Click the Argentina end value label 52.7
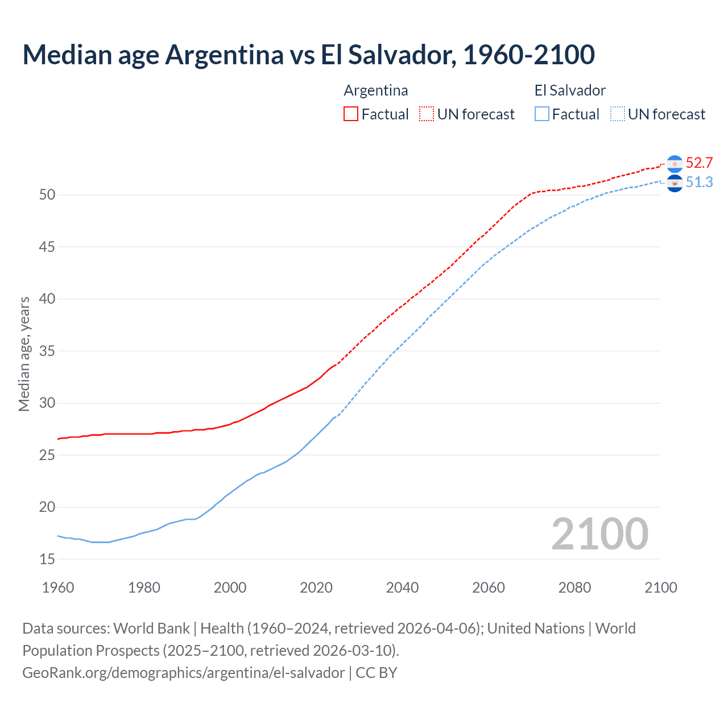click(x=699, y=163)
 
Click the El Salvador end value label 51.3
click(x=699, y=183)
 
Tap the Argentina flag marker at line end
click(x=675, y=164)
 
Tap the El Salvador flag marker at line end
click(x=675, y=183)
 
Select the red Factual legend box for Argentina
click(x=351, y=114)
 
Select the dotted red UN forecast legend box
click(x=427, y=114)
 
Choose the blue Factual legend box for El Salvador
click(x=542, y=114)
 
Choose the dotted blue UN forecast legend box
click(x=617, y=114)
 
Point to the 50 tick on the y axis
click(x=47, y=195)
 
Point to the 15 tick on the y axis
click(x=47, y=559)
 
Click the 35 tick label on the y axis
click(x=47, y=351)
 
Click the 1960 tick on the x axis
click(x=58, y=588)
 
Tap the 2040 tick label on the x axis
click(x=402, y=588)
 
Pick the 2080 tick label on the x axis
click(x=574, y=588)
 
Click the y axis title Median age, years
click(x=24, y=354)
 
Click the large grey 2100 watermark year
click(x=599, y=533)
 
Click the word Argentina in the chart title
click(x=224, y=55)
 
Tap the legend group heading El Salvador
click(x=570, y=90)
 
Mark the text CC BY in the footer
click(x=377, y=673)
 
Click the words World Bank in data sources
click(x=151, y=628)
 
